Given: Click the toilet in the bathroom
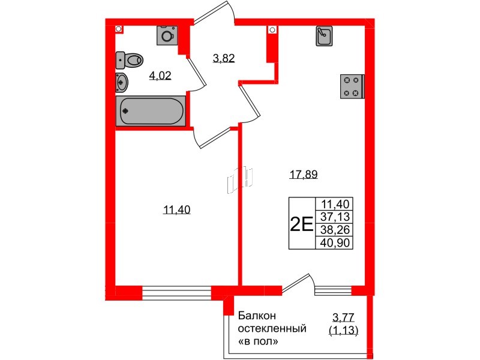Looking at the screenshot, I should (131, 59).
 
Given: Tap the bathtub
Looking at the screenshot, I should (151, 111).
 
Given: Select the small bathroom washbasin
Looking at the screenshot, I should (121, 82).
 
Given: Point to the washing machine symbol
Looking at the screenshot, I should (166, 35).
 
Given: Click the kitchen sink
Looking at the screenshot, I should (324, 37).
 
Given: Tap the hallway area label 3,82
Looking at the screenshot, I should (224, 58).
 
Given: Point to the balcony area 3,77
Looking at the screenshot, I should (344, 317).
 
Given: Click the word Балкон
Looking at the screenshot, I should (256, 316).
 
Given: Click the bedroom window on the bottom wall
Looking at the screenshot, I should (176, 292).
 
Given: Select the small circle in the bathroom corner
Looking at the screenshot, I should (119, 28).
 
